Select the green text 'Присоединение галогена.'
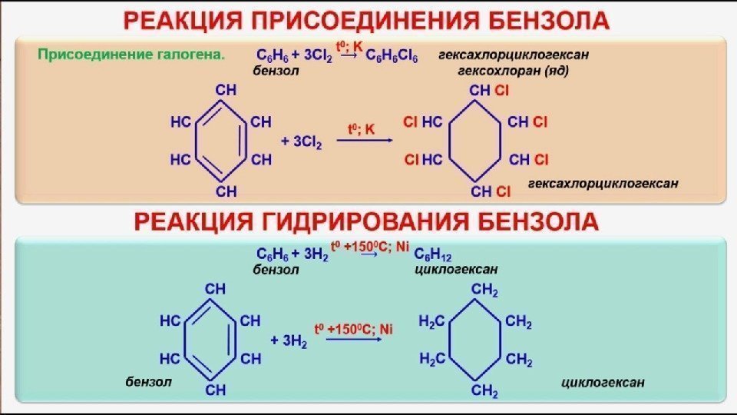[131, 55]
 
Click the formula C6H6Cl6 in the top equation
[392, 57]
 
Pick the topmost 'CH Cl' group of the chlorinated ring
[489, 91]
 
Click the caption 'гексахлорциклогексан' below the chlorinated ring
[603, 184]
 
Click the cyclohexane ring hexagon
[475, 340]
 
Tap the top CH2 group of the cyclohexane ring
[485, 290]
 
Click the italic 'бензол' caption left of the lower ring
[149, 382]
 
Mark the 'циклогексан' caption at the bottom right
[603, 382]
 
